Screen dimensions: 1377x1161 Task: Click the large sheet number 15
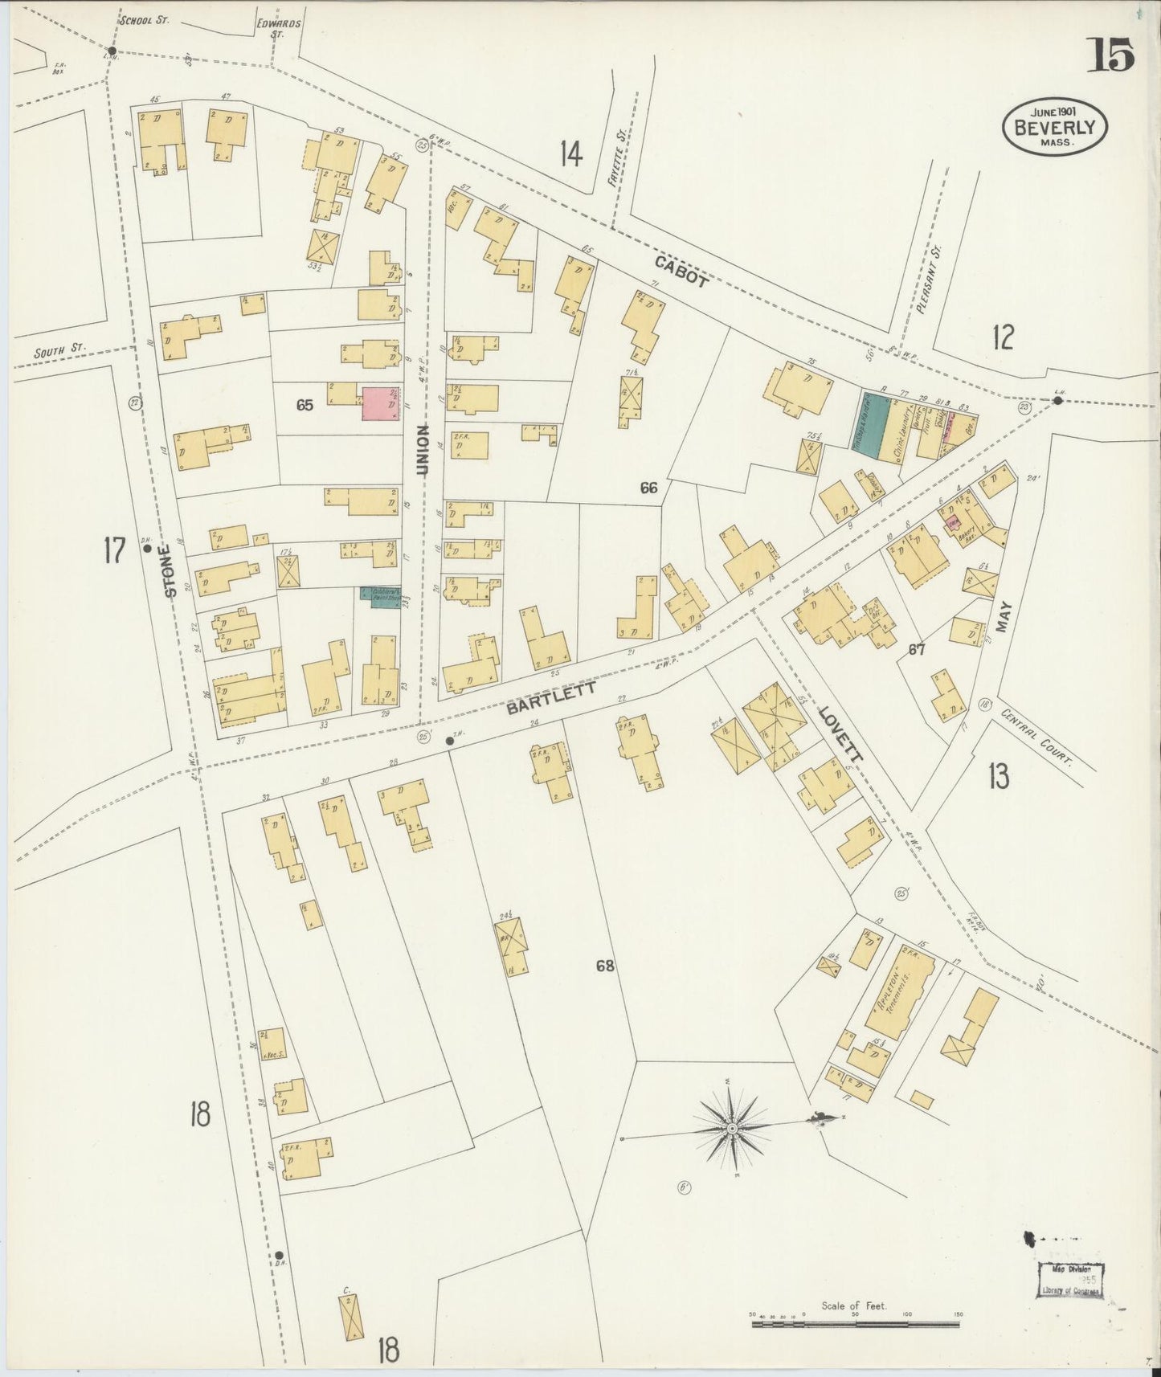click(1112, 55)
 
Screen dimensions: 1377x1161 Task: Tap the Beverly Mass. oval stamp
click(1054, 127)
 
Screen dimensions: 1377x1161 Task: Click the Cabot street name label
click(681, 271)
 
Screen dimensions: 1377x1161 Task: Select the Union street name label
click(423, 450)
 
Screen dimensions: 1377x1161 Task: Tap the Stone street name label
click(170, 570)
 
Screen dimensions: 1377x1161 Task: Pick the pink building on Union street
click(382, 403)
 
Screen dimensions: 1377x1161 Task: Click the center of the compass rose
click(732, 1129)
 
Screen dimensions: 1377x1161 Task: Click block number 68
click(605, 966)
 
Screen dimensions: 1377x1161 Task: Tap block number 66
click(649, 487)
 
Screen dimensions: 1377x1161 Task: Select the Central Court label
click(1036, 737)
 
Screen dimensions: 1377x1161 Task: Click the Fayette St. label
click(616, 170)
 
